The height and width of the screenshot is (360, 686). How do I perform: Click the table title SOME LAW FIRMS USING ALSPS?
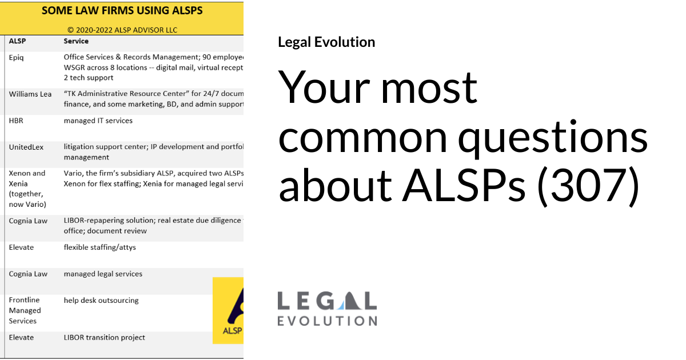point(122,11)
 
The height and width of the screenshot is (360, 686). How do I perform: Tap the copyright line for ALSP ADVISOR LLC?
point(122,29)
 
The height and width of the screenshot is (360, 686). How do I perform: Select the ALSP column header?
point(18,41)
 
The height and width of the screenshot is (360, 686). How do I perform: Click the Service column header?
point(76,41)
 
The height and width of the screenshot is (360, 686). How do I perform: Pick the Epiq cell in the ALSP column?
point(17,57)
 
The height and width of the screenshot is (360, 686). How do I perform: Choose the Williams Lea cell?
point(30,94)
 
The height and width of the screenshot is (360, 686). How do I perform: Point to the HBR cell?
point(17,121)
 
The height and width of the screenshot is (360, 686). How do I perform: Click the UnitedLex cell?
point(26,147)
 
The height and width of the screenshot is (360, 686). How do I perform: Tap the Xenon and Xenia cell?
point(27,189)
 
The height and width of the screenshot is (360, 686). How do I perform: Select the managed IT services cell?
point(98,121)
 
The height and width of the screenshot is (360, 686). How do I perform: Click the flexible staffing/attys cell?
point(99,247)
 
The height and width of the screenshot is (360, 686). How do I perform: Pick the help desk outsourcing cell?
point(101,300)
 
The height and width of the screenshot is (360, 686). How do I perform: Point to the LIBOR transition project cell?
point(104,337)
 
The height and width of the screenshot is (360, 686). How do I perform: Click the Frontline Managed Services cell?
point(25,310)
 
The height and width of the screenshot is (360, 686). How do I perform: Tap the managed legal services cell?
point(103,274)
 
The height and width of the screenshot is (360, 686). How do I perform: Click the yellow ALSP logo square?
point(228,310)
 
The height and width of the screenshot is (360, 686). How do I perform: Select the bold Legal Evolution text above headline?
point(326,42)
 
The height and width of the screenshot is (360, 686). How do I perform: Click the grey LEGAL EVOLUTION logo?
point(327,309)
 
